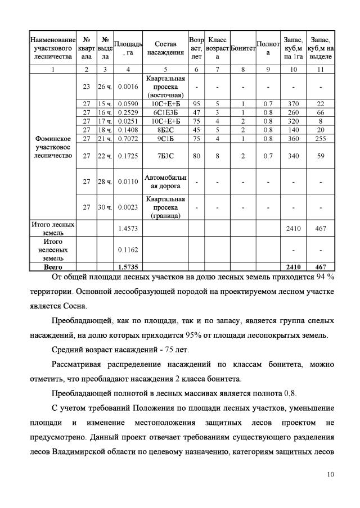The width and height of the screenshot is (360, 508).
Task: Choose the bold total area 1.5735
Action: click(x=128, y=267)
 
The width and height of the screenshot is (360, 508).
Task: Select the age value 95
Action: click(x=197, y=103)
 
